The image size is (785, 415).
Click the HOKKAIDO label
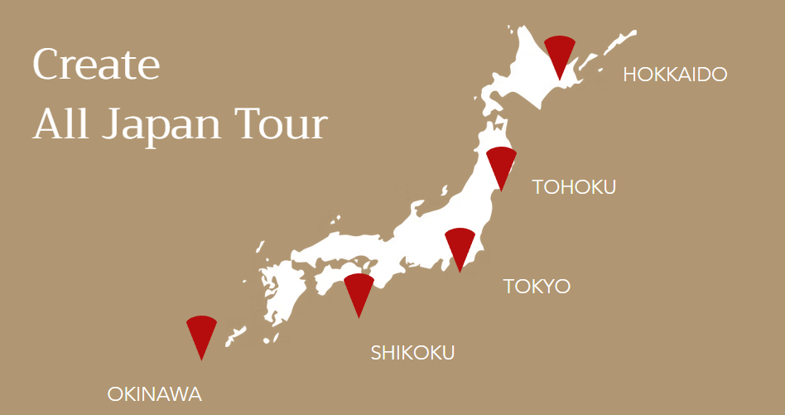point(675,75)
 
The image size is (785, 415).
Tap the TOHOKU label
point(574,186)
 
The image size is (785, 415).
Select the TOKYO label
point(537,287)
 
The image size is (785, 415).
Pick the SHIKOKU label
point(412,353)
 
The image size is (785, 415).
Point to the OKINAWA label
point(154,394)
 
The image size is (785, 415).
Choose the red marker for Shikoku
point(359,291)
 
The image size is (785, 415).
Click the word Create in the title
point(96,65)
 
